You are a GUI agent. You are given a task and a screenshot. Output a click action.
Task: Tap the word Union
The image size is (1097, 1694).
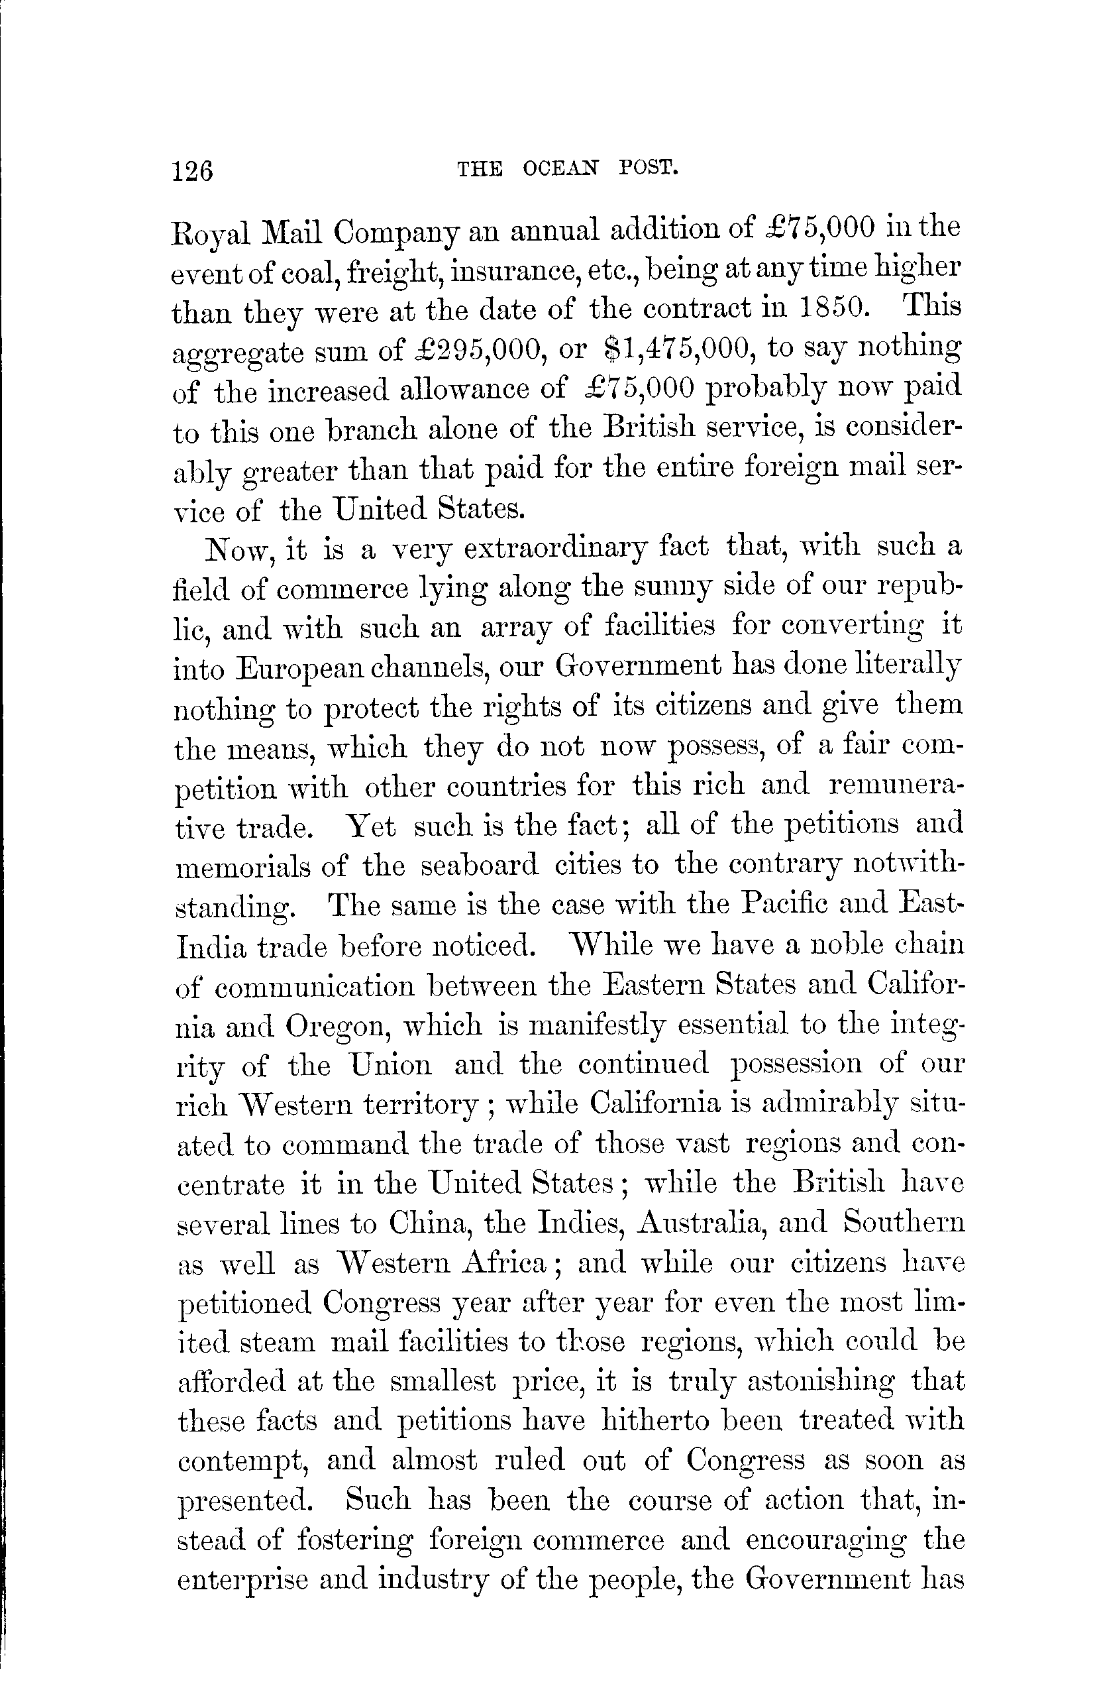(x=391, y=1066)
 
